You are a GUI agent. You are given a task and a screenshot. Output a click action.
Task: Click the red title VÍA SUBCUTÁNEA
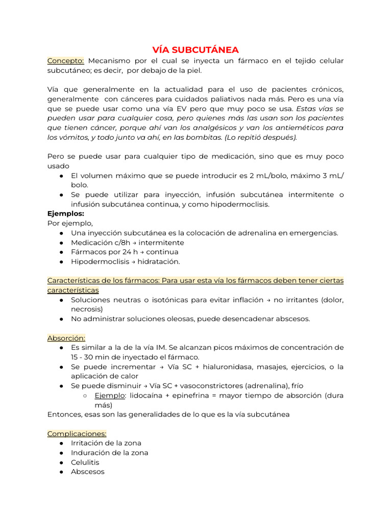195,49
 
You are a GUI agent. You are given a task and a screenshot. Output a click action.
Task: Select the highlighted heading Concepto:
66,61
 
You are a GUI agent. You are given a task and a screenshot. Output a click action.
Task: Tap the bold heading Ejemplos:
66,214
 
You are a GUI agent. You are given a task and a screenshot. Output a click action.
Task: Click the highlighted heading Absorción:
66,337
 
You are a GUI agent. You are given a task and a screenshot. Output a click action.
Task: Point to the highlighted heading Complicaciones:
77,433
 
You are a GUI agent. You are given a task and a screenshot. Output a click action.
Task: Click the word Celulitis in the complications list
85,462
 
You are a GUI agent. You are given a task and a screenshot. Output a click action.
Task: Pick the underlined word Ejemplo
110,395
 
